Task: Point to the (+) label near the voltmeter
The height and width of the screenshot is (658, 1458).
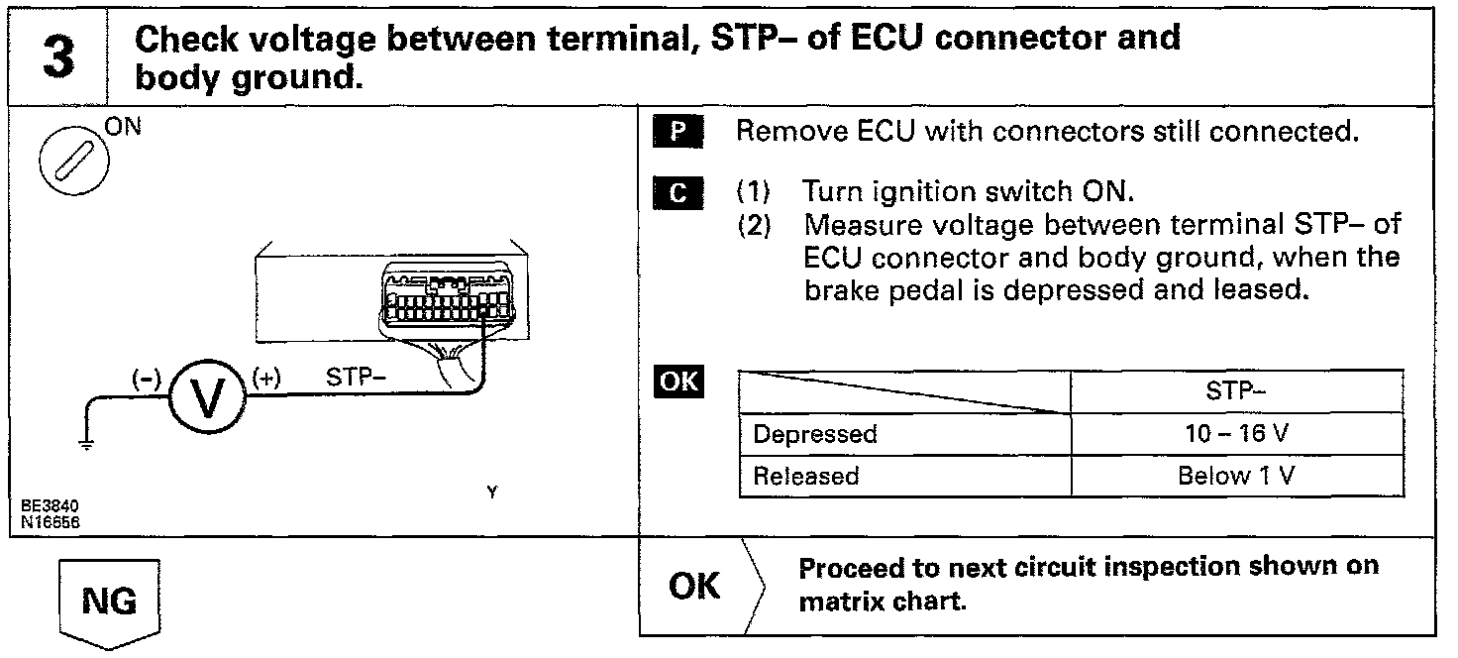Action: pyautogui.click(x=268, y=378)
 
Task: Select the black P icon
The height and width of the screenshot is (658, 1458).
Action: pyautogui.click(x=677, y=133)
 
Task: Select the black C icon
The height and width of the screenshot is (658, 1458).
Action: pyautogui.click(x=677, y=191)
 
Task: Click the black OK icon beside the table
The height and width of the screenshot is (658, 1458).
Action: pyautogui.click(x=678, y=382)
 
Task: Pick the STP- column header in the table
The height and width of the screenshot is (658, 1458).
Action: pyautogui.click(x=1236, y=391)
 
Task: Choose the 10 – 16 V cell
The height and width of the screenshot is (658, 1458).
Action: pyautogui.click(x=1237, y=434)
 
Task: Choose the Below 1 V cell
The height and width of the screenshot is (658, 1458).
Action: pyautogui.click(x=1237, y=476)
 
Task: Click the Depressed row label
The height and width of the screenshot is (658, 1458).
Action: pyautogui.click(x=815, y=434)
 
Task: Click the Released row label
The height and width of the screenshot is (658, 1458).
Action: pyautogui.click(x=806, y=476)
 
